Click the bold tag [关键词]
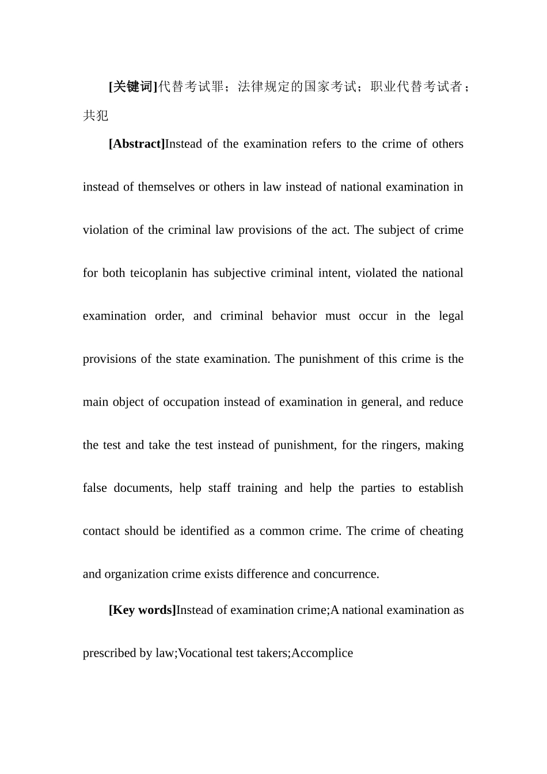(x=133, y=86)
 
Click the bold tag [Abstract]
(x=137, y=144)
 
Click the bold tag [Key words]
(x=142, y=610)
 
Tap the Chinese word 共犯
(x=96, y=116)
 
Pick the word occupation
(x=191, y=402)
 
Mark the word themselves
(x=166, y=187)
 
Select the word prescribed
(x=111, y=653)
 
